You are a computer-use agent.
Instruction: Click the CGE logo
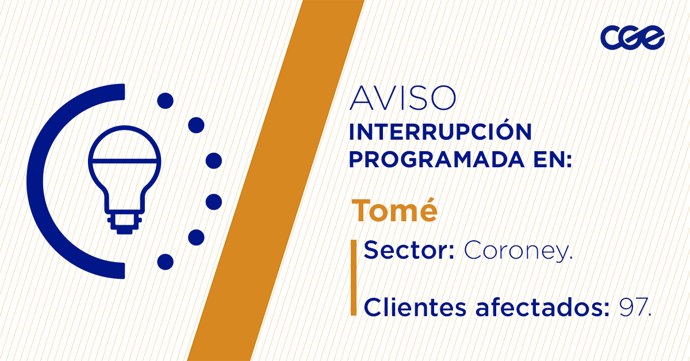pos(632,37)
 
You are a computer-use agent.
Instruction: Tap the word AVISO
pos(402,98)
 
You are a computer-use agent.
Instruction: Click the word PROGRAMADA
pos(437,160)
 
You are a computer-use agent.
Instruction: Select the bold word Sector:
pos(409,250)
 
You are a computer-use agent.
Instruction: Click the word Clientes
pos(415,308)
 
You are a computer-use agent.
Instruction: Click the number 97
pos(635,308)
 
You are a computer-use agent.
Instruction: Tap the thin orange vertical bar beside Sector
pos(354,278)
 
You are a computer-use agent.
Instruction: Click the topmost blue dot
pos(166,101)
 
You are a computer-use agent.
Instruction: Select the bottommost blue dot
pos(166,262)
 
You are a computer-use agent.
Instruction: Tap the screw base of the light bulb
pos(124,223)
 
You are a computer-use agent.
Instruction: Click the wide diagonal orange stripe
pos(276,180)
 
